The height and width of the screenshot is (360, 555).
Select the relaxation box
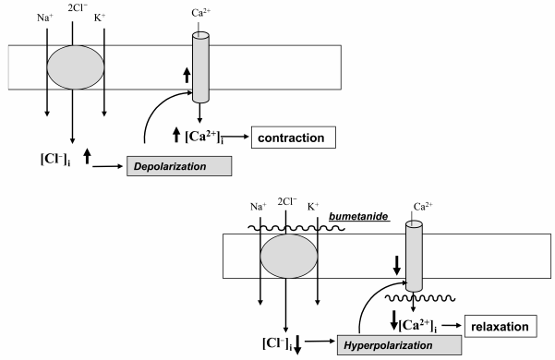click(x=502, y=326)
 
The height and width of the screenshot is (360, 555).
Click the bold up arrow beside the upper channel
click(x=187, y=75)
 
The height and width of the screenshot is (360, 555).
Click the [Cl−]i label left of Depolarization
click(x=40, y=159)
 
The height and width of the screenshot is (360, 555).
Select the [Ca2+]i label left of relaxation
click(x=428, y=324)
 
